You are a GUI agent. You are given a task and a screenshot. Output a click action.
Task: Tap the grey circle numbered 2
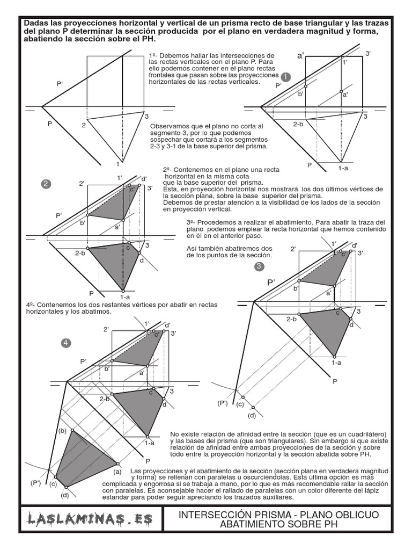(x=46, y=184)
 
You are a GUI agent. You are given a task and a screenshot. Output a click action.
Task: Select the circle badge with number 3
(x=259, y=266)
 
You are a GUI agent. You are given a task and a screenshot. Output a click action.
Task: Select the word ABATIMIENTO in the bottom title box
(x=252, y=525)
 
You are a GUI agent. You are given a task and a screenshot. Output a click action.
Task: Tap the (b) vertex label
(x=62, y=431)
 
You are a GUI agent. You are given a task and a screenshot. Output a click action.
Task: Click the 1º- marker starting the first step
(x=153, y=55)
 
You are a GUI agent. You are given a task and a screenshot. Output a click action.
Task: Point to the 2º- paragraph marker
(x=167, y=169)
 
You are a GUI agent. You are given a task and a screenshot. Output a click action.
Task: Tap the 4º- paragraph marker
(x=31, y=305)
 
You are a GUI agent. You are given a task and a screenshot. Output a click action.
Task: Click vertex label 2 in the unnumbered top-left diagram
(x=84, y=125)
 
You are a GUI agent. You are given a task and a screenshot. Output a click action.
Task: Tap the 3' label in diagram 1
(x=368, y=53)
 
